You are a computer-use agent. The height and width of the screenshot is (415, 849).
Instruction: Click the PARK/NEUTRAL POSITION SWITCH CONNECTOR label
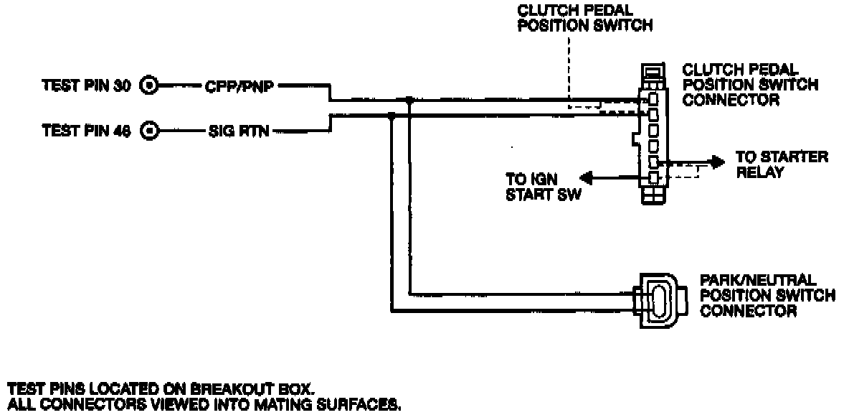768,295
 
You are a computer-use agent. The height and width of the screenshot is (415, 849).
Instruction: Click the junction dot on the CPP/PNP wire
409,100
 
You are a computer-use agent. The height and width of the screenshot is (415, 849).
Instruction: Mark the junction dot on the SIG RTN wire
391,114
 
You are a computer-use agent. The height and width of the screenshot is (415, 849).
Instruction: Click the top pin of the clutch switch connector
653,98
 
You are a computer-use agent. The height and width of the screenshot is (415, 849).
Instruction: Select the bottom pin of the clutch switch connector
653,177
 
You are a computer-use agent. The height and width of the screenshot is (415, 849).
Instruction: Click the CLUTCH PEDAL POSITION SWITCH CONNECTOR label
749,85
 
